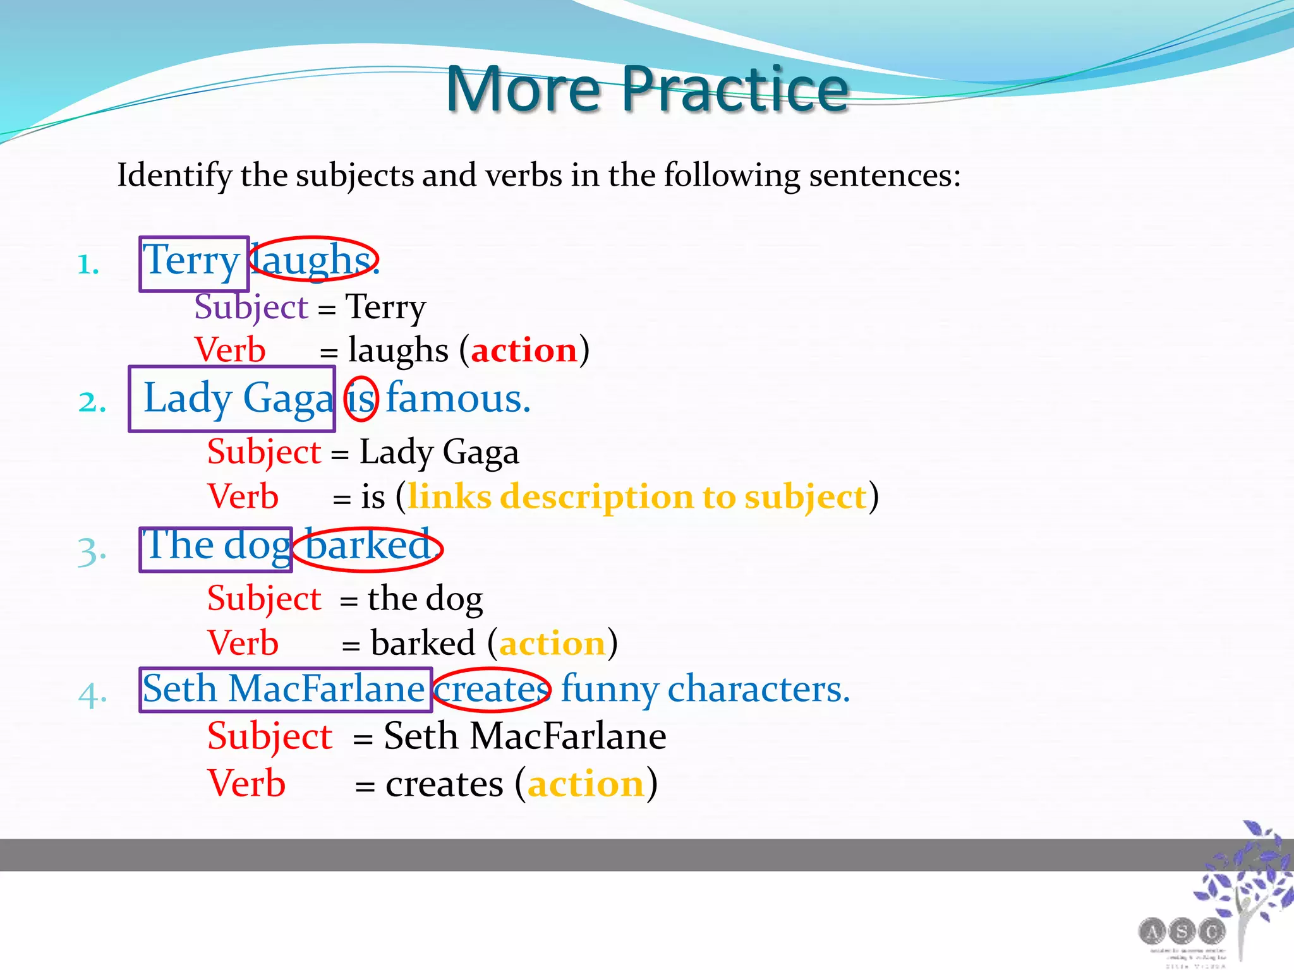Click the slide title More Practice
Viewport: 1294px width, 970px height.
pos(647,90)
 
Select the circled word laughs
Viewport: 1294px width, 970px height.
pos(313,260)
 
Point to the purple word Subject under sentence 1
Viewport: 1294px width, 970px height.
pos(251,308)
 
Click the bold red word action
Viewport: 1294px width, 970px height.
pos(524,350)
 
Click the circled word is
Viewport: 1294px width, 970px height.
pos(361,399)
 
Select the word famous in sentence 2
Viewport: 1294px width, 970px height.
pos(457,399)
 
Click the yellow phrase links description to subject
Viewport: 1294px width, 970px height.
pos(637,497)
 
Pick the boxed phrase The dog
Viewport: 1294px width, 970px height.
pos(215,547)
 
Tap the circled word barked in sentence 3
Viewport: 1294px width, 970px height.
pos(368,547)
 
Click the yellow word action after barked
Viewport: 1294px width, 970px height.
pos(552,644)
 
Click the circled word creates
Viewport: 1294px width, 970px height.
pos(492,690)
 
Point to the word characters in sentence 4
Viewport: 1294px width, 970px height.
pos(758,689)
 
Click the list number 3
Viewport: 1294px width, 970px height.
pos(91,551)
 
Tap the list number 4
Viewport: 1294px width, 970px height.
pos(92,696)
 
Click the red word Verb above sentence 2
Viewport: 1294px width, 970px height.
pos(230,350)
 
